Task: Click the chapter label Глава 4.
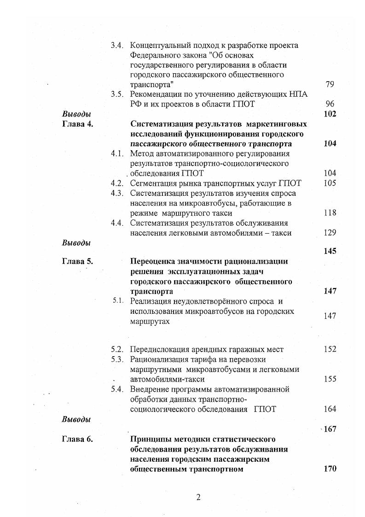[77, 124]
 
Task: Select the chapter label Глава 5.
[77, 261]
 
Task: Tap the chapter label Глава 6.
[77, 439]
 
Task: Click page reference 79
[329, 84]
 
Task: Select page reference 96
[329, 104]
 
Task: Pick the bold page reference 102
[330, 114]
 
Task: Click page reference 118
[330, 213]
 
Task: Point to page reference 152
[330, 349]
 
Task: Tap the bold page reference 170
[330, 469]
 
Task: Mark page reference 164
[330, 409]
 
